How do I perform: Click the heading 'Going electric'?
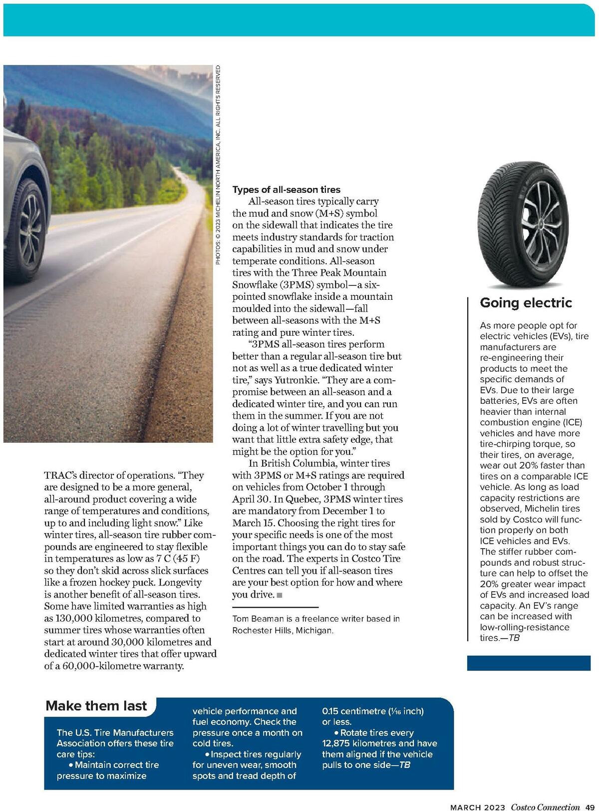526,303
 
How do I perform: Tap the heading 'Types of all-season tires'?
286,189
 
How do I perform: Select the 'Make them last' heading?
96,706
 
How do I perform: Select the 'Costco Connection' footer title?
545,807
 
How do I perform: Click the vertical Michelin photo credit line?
218,165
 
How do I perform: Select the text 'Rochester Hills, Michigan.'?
283,631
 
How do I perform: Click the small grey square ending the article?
280,595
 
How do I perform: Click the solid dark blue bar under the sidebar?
529,663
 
